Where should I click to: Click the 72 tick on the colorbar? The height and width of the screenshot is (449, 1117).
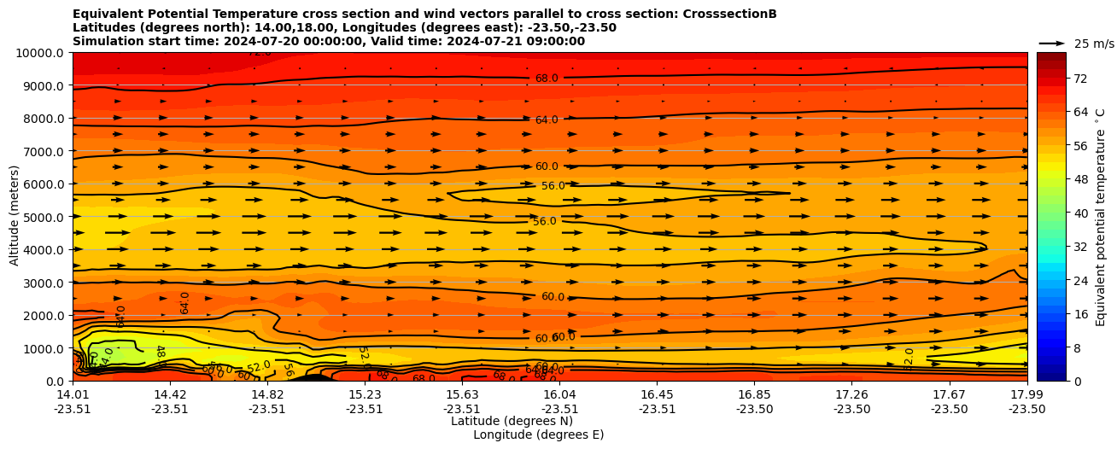point(1079,79)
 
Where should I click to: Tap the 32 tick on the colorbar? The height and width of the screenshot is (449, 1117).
point(1079,246)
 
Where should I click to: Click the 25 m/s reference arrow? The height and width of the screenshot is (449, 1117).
point(1051,44)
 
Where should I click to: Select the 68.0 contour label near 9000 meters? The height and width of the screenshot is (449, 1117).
point(547,79)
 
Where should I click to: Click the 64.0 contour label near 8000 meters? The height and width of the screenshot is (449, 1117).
point(547,120)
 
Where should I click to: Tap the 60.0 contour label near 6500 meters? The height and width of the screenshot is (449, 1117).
point(547,166)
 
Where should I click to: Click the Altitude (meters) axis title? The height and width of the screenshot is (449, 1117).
point(15,217)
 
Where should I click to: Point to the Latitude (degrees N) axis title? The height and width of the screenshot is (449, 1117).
point(512,421)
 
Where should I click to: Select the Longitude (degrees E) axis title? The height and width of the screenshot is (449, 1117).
point(538,434)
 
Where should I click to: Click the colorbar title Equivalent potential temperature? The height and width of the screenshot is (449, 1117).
point(1101,217)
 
